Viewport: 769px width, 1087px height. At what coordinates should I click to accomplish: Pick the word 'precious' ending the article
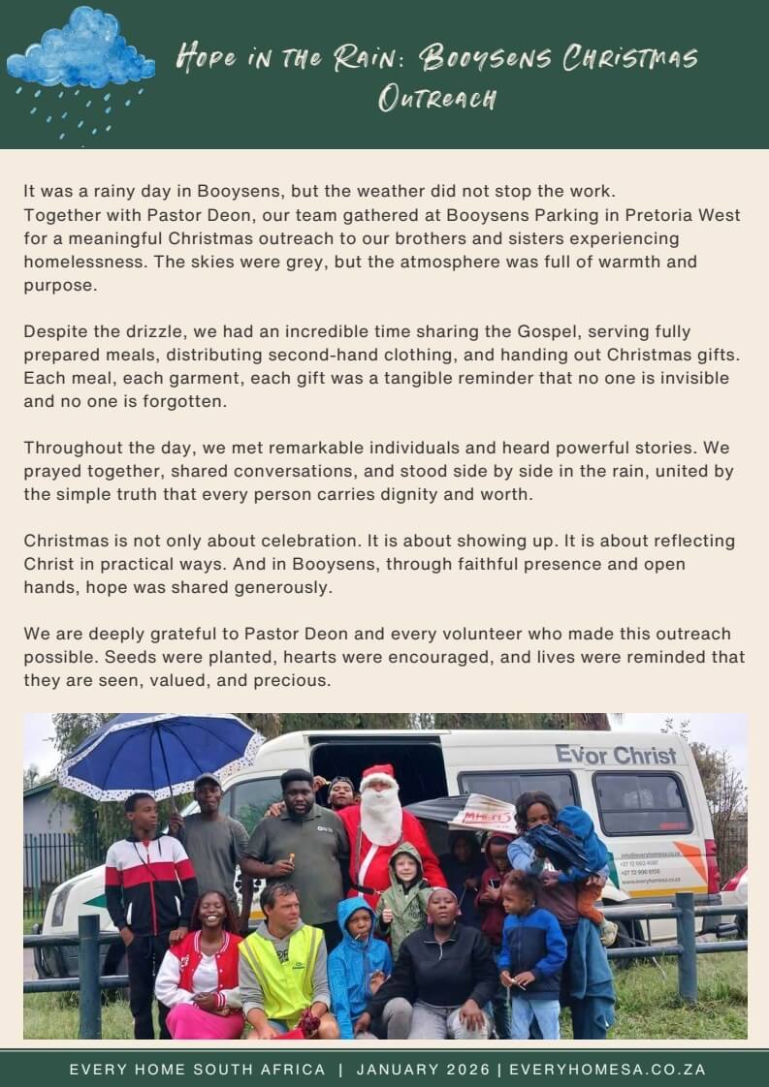(297, 680)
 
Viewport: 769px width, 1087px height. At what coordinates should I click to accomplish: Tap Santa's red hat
(378, 776)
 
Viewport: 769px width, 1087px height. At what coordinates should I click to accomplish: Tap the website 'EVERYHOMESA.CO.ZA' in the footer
(607, 1070)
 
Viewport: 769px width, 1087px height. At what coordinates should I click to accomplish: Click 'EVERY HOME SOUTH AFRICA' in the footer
(197, 1070)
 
